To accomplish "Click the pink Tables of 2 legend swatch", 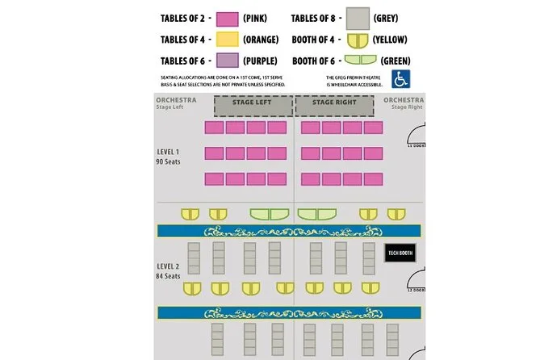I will (227, 19).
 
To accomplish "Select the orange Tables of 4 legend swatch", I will (227, 40).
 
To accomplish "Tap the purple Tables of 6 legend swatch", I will (227, 61).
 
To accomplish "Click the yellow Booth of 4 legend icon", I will (359, 40).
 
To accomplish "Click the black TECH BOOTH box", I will (400, 253).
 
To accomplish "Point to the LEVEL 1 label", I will (168, 152).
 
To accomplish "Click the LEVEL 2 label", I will (168, 266).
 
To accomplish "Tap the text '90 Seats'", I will (168, 161).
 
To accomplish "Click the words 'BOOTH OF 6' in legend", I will (315, 61).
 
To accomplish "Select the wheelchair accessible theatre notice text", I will (352, 79).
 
